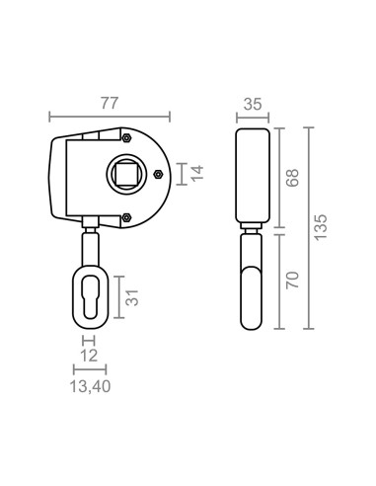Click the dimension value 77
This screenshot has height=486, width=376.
click(109, 103)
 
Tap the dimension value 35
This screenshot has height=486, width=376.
click(253, 104)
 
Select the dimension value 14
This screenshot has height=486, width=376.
click(197, 173)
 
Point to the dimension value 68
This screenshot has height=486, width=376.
click(292, 178)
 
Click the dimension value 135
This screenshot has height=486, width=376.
click(321, 227)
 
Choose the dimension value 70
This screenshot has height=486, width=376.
click(292, 281)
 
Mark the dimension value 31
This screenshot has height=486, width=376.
click(132, 297)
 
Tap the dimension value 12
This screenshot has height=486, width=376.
click(89, 356)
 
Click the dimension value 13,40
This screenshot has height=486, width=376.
click(90, 386)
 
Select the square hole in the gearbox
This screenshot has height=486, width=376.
click(126, 173)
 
